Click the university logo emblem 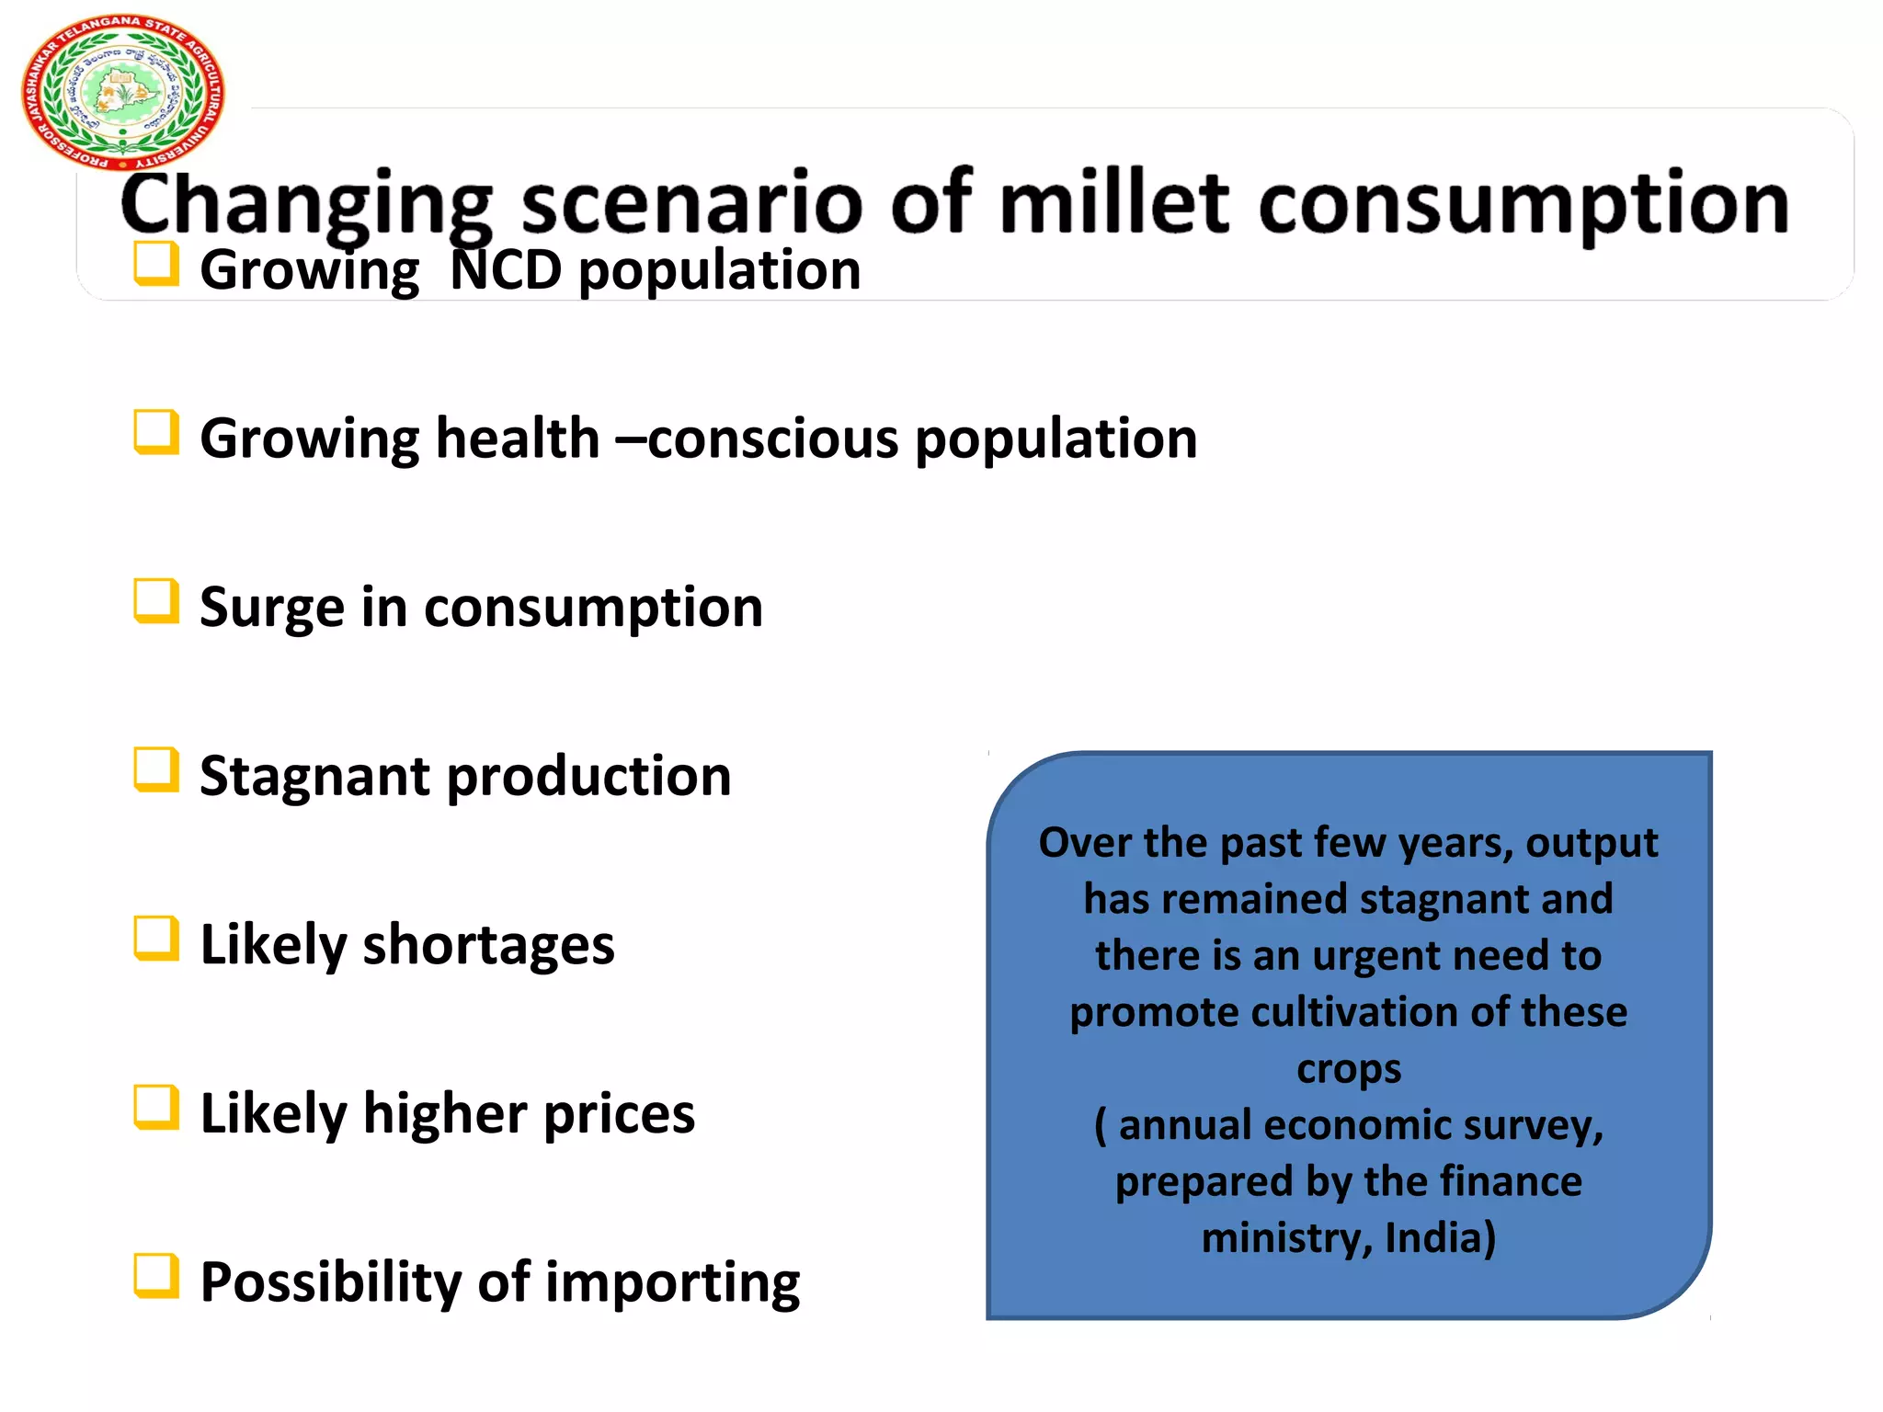122,93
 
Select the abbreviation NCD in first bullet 505,270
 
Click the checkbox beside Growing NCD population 155,264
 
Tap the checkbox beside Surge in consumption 155,601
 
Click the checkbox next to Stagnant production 155,769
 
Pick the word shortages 488,945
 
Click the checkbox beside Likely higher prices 155,1107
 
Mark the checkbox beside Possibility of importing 155,1276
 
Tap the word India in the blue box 1440,1238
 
